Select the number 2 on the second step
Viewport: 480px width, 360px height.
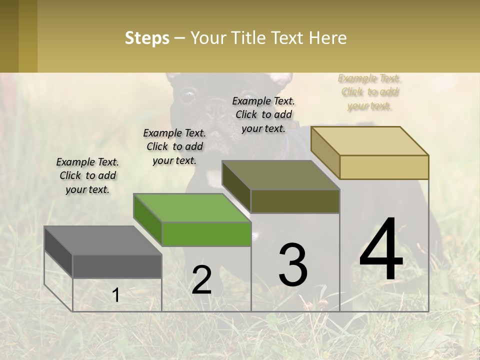point(201,279)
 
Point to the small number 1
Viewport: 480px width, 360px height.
point(116,295)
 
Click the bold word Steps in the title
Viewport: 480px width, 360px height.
point(146,38)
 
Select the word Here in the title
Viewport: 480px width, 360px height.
point(328,38)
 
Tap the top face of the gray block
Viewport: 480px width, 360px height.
point(102,240)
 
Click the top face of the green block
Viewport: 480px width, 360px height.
point(191,208)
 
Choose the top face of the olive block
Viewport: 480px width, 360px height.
point(280,175)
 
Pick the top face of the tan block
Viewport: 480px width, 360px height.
point(369,141)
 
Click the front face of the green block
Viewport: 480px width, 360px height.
point(206,234)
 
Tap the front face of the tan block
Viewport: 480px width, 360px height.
point(384,167)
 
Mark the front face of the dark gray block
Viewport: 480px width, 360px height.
point(117,266)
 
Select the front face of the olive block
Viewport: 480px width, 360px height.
point(295,201)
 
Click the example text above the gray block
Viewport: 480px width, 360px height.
point(87,175)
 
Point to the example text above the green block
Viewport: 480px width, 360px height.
point(174,146)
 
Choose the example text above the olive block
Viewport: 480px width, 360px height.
point(263,114)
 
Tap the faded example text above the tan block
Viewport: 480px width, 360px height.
point(369,92)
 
